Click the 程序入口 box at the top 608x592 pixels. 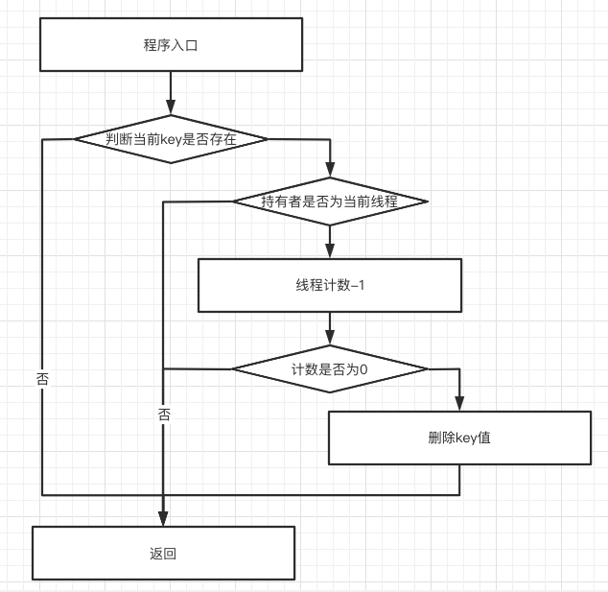(x=170, y=45)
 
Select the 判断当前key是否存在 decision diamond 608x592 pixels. (x=172, y=139)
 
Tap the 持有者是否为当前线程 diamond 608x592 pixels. (x=330, y=201)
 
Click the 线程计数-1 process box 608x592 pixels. (x=330, y=286)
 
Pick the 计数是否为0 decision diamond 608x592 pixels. (x=330, y=368)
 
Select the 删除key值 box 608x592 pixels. (x=459, y=438)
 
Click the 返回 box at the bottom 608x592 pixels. (x=163, y=554)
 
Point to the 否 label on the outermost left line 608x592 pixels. (x=42, y=378)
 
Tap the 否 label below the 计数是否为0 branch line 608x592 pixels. (x=164, y=414)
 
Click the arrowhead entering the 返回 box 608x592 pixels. (x=163, y=520)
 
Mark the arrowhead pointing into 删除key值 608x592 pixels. (x=459, y=404)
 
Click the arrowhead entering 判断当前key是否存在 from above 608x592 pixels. (x=172, y=107)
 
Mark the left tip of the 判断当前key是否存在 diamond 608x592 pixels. (x=77, y=139)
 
